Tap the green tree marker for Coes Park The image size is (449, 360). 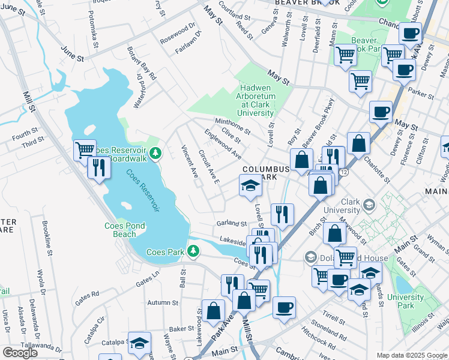pyautogui.click(x=193, y=251)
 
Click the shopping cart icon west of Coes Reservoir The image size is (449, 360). pyautogui.click(x=85, y=149)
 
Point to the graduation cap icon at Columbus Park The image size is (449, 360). pyautogui.click(x=250, y=185)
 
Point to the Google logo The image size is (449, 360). pyautogui.click(x=19, y=352)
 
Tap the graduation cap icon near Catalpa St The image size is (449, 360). pyautogui.click(x=139, y=343)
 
